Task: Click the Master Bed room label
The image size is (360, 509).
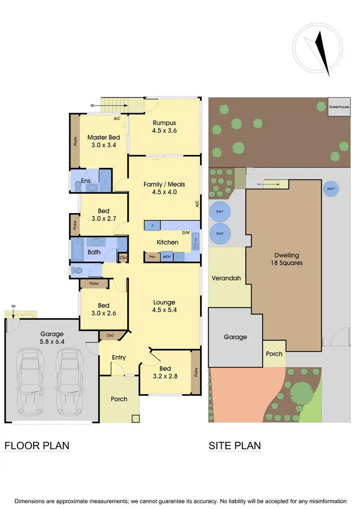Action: (x=103, y=141)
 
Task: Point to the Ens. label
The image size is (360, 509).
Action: (x=86, y=180)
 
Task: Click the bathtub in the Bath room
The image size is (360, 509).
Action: (x=78, y=250)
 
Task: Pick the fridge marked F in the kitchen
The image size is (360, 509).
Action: (x=152, y=225)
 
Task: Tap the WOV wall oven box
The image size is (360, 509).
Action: (x=167, y=257)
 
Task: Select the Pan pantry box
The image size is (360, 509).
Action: (x=152, y=257)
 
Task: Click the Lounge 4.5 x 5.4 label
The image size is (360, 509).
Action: (x=164, y=306)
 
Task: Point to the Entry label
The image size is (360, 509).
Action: (x=119, y=357)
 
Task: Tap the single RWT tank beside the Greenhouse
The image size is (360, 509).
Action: (x=331, y=189)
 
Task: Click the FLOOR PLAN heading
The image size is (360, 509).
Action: (x=37, y=446)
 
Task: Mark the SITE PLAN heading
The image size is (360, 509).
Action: (x=235, y=446)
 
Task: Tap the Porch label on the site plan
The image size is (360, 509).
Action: (x=274, y=354)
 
